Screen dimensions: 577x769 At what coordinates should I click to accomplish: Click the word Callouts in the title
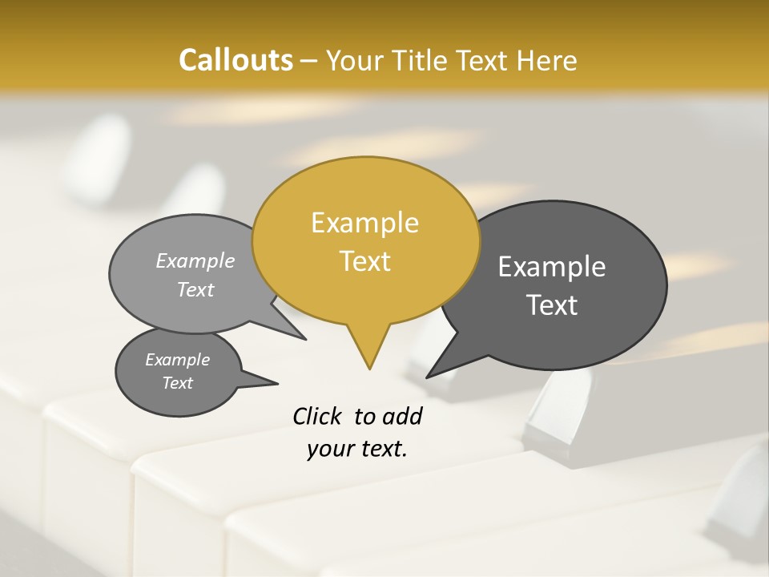click(x=236, y=60)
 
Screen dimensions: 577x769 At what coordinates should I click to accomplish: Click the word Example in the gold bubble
click(x=364, y=223)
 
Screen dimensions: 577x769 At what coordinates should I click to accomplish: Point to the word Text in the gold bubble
click(x=364, y=261)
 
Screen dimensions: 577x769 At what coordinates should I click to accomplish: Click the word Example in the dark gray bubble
click(x=552, y=267)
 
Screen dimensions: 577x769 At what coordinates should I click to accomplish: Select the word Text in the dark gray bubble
click(x=553, y=305)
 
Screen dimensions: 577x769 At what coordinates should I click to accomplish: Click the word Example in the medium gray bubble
click(x=195, y=261)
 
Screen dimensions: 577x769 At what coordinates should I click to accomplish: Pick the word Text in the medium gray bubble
click(x=195, y=290)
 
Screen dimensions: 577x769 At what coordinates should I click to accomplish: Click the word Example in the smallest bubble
click(x=177, y=360)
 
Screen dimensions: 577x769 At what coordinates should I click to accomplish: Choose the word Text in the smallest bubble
click(x=177, y=383)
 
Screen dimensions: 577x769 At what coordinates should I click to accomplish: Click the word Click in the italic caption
click(x=319, y=416)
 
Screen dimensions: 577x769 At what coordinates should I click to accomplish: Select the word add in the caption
click(x=402, y=416)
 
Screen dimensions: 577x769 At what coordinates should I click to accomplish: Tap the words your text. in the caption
click(x=356, y=449)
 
